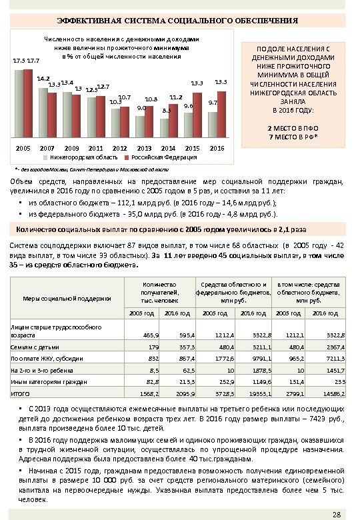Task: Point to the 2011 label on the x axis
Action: [x=95, y=147]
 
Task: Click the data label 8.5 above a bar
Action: [x=167, y=111]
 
